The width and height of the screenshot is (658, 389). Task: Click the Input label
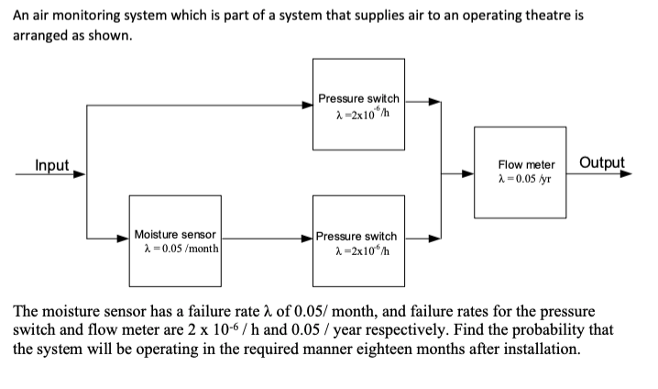[51, 165]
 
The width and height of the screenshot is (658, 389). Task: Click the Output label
[602, 163]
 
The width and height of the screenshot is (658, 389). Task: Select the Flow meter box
[519, 172]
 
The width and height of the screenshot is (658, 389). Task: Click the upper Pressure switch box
[357, 104]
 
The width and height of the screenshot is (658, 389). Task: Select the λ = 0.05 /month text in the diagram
[180, 250]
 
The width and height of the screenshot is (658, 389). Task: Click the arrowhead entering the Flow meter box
[467, 172]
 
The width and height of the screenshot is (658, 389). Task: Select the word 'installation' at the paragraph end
[541, 350]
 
